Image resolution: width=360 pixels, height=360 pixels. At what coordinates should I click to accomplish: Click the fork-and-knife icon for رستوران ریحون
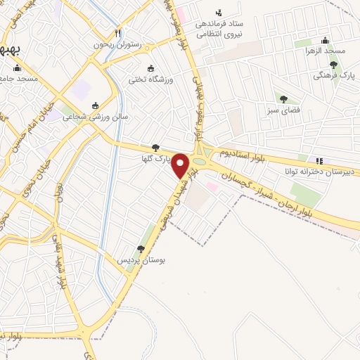pos(117,32)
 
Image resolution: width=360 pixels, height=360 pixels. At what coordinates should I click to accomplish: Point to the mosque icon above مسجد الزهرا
pos(325,40)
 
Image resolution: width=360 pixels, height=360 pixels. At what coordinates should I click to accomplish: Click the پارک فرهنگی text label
pos(333,76)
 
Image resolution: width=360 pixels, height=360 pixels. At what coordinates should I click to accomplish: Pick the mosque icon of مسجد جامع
pos(18,69)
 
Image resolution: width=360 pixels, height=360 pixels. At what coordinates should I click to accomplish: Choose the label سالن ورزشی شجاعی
pos(96,117)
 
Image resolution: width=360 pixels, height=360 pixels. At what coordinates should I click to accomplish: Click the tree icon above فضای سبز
pos(283,99)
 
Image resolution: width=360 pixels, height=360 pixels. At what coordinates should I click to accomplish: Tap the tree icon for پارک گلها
pos(155,147)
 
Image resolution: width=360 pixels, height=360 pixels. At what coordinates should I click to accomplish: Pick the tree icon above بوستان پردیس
pos(141,249)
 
